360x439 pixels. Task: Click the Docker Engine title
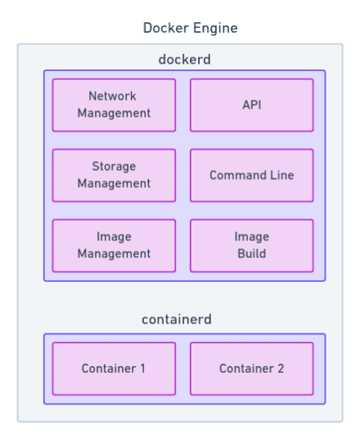190,28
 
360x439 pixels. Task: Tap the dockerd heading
184,60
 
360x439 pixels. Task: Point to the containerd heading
177,320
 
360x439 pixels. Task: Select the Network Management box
114,105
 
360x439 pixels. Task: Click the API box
251,105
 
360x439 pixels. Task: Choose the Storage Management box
114,175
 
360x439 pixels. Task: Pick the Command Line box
251,175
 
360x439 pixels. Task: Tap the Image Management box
114,245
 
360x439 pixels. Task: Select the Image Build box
251,245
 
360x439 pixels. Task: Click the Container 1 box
114,369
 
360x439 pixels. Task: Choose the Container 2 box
251,369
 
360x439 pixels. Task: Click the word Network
112,96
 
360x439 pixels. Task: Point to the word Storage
114,167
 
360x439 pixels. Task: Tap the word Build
251,253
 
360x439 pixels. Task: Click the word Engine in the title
215,29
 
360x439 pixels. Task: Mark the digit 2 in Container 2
281,369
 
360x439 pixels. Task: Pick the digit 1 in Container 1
143,369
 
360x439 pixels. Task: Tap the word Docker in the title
166,28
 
